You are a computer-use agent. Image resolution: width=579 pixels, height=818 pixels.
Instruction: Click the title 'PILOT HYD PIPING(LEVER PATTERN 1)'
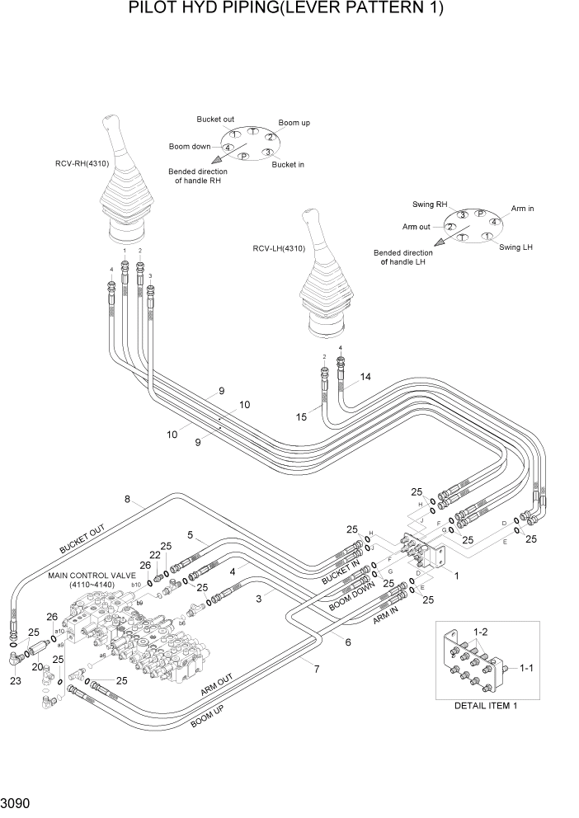pyautogui.click(x=286, y=10)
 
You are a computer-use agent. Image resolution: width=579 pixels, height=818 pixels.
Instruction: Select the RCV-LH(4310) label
pyautogui.click(x=280, y=248)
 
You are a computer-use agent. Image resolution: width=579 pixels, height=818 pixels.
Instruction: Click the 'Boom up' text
pyautogui.click(x=294, y=123)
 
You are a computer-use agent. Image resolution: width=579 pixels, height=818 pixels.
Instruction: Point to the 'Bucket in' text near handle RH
pyautogui.click(x=288, y=164)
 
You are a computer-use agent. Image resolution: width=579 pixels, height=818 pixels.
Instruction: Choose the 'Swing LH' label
pyautogui.click(x=515, y=247)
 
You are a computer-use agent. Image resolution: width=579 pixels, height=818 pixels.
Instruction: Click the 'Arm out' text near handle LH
pyautogui.click(x=417, y=227)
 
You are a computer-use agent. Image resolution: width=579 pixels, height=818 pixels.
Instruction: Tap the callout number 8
pyautogui.click(x=128, y=499)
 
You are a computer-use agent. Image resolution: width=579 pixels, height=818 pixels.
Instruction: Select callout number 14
pyautogui.click(x=365, y=377)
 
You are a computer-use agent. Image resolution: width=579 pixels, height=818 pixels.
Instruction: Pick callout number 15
pyautogui.click(x=302, y=417)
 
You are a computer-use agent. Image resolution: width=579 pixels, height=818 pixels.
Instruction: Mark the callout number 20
pyautogui.click(x=37, y=666)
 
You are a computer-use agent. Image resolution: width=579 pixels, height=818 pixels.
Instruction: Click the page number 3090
pyautogui.click(x=17, y=802)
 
